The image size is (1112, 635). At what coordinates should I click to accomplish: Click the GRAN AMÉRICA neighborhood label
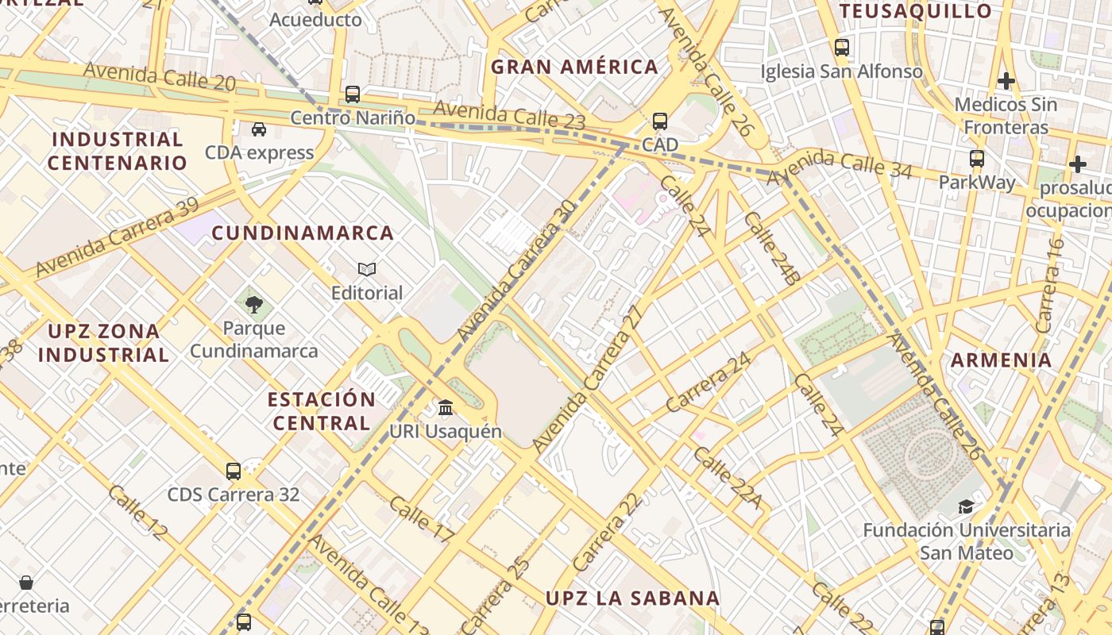(x=574, y=67)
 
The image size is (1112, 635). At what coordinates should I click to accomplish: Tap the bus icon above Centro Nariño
(x=353, y=94)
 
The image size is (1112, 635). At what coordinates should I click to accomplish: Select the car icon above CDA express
(x=259, y=129)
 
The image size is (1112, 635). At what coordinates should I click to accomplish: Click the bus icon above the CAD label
(x=660, y=121)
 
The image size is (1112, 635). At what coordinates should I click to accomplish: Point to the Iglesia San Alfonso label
(x=842, y=71)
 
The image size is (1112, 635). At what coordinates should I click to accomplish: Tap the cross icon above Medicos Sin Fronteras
(x=1006, y=80)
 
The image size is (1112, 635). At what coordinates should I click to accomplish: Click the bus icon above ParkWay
(x=977, y=159)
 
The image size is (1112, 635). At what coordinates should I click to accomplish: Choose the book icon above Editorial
(x=367, y=269)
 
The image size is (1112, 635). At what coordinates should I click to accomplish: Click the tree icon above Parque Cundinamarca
(x=254, y=304)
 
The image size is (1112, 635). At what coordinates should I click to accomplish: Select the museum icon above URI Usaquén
(x=446, y=408)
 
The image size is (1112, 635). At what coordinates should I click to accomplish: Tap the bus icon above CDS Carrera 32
(x=234, y=471)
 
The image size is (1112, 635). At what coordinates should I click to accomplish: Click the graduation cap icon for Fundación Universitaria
(x=966, y=506)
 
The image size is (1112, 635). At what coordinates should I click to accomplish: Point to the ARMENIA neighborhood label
(x=1001, y=360)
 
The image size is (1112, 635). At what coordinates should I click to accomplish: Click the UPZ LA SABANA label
(x=632, y=598)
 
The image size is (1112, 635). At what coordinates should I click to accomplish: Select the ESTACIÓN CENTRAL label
(x=321, y=411)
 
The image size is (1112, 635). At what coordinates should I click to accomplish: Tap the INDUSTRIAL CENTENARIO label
(x=117, y=151)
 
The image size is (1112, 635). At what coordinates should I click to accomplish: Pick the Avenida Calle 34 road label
(x=840, y=166)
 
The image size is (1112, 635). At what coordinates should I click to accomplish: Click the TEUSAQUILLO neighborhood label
(x=916, y=11)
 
